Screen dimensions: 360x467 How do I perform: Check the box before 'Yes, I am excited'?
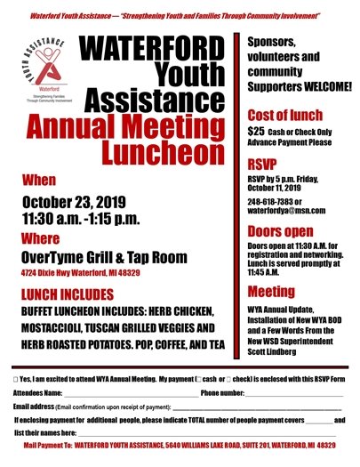pyautogui.click(x=18, y=378)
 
